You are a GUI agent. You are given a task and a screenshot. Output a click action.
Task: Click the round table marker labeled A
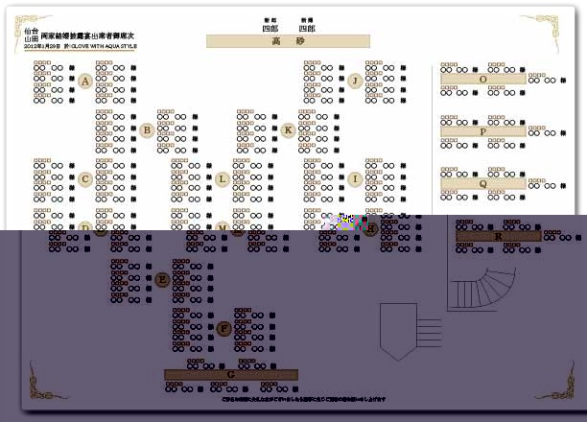point(85,82)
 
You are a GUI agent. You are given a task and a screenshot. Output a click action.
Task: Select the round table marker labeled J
point(355,81)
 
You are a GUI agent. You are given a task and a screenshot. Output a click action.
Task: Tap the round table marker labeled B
point(147,129)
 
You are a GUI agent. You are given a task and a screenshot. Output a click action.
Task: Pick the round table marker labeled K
point(288,129)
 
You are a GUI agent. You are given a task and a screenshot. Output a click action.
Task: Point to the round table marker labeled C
point(85,178)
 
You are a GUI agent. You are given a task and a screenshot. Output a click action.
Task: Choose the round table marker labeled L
point(223,178)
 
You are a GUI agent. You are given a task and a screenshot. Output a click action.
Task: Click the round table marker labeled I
point(355,178)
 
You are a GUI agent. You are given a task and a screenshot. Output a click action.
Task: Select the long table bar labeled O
point(483,80)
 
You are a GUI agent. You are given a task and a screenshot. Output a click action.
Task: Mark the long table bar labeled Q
point(483,183)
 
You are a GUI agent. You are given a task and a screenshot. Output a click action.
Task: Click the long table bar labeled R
point(498,235)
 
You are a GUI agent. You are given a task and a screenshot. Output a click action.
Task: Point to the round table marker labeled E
point(162,279)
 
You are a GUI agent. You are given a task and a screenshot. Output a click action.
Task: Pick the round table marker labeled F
point(223,328)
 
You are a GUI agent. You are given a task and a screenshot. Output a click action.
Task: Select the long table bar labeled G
point(230,374)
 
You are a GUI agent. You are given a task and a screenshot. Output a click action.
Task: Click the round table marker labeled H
point(371,229)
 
